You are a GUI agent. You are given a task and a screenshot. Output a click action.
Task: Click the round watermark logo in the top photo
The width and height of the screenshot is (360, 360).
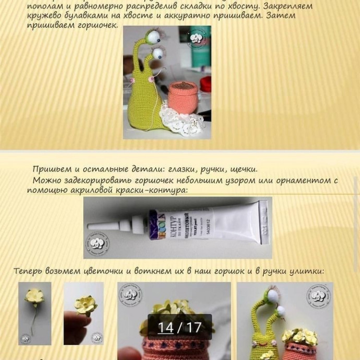point(198,39)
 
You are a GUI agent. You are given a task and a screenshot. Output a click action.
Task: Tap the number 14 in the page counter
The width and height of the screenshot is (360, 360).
point(165,328)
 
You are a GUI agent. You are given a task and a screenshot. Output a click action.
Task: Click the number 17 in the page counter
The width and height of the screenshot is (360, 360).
point(193,328)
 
